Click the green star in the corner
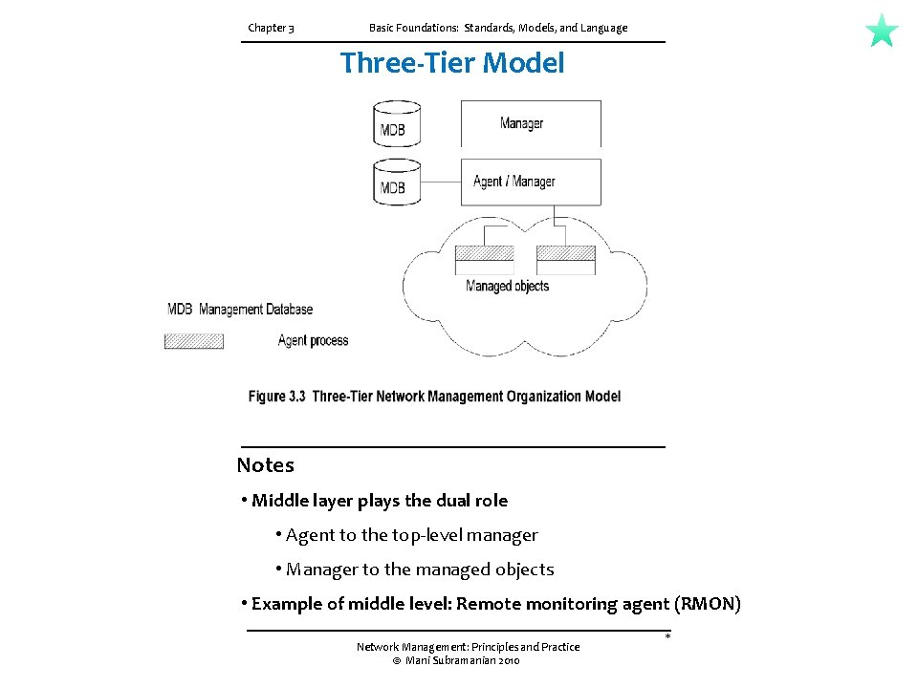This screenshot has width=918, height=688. click(x=882, y=31)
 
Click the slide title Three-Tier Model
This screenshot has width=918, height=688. click(x=452, y=63)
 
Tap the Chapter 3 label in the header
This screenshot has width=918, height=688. click(x=271, y=28)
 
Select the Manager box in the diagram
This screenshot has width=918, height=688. click(x=531, y=123)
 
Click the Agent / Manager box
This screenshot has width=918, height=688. click(x=531, y=182)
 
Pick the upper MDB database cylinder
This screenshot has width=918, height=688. click(x=396, y=123)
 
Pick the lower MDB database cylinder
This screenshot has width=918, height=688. click(x=396, y=182)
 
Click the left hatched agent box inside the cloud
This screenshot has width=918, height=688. click(x=484, y=254)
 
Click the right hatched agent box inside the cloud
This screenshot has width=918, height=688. click(x=566, y=254)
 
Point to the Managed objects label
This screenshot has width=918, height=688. click(x=507, y=286)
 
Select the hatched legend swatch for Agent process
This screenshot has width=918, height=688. click(x=194, y=341)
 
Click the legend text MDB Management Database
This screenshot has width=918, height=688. click(x=240, y=310)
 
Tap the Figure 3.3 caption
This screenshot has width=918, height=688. click(x=434, y=397)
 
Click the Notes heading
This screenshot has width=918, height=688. click(x=266, y=465)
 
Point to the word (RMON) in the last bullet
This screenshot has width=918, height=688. click(x=707, y=604)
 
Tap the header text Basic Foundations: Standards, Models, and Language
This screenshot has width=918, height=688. click(x=498, y=28)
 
